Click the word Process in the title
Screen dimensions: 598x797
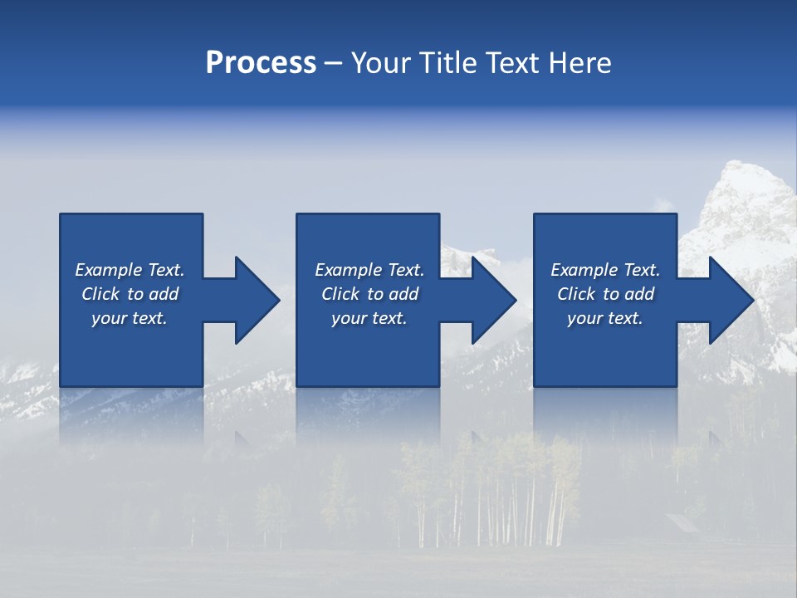[x=261, y=63]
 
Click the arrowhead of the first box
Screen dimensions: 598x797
[x=257, y=300]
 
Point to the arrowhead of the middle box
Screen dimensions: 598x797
[x=494, y=300]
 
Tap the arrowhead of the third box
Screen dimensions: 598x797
[x=731, y=300]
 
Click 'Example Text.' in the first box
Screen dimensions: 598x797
[x=130, y=270]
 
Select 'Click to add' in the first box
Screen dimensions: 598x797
[x=130, y=294]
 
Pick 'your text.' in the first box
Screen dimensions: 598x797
[x=130, y=318]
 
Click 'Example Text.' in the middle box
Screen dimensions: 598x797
[x=369, y=270]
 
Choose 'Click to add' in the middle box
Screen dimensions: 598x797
[x=369, y=294]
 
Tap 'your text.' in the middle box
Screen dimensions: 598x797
[x=369, y=318]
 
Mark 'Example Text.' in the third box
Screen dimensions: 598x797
[x=605, y=270]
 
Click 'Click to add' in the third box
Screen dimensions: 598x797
[x=605, y=294]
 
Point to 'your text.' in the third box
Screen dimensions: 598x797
[x=605, y=318]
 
